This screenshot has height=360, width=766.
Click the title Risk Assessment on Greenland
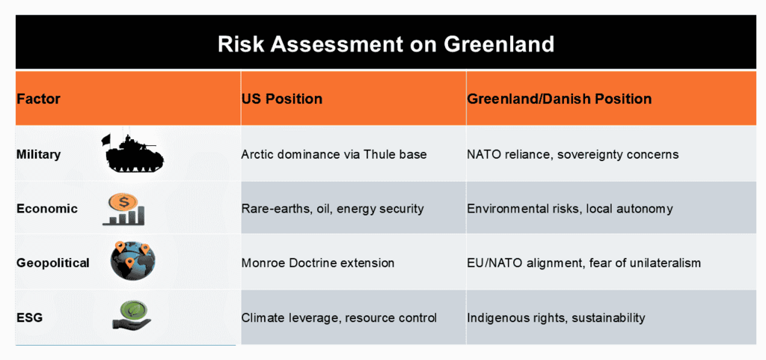(385, 44)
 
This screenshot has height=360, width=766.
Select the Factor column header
(38, 99)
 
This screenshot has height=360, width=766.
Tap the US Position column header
(282, 99)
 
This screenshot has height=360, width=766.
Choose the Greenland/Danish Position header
(560, 99)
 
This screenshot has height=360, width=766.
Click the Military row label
(39, 154)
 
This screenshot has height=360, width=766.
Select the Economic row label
(47, 209)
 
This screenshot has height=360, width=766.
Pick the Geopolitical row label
(53, 263)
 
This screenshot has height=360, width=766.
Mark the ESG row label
(29, 317)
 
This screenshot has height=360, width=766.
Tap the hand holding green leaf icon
(131, 316)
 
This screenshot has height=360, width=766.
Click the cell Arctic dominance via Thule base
(334, 154)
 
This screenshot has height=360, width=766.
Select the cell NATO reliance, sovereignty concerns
(573, 154)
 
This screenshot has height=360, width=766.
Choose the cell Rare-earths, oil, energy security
(332, 209)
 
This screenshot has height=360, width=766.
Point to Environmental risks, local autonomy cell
(570, 209)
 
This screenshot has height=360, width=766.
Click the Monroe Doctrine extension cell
(318, 263)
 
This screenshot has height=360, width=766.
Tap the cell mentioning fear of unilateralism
(583, 263)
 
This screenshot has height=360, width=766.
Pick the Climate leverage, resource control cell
(339, 317)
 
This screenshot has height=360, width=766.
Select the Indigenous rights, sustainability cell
(557, 317)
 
